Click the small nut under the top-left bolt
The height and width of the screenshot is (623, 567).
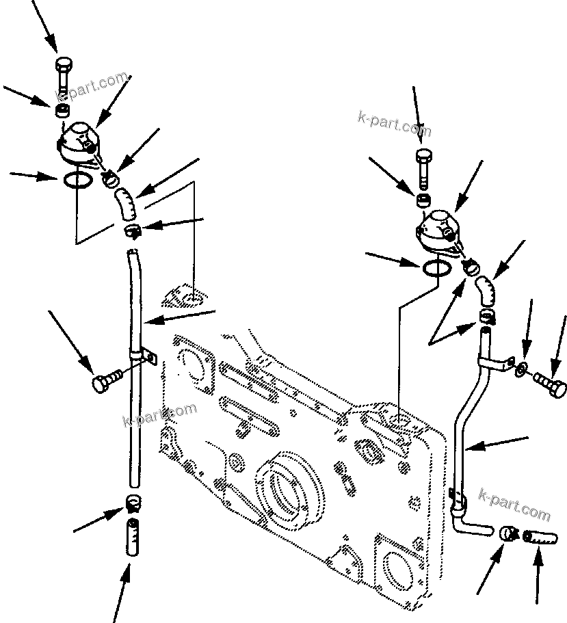[62, 110]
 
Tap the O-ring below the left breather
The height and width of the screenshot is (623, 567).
[77, 179]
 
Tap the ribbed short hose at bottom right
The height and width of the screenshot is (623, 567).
[540, 538]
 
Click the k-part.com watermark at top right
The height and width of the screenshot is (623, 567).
[394, 124]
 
